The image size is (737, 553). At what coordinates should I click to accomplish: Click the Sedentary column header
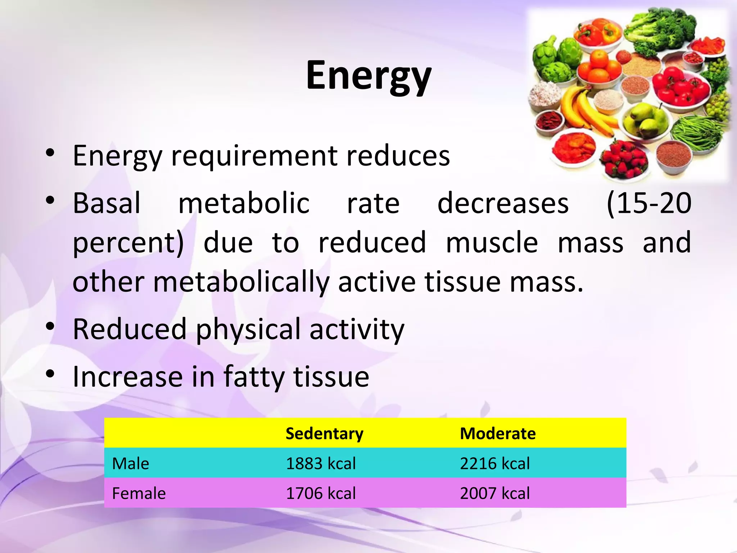pyautogui.click(x=324, y=433)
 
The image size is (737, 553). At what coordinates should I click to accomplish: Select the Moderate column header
pyautogui.click(x=498, y=433)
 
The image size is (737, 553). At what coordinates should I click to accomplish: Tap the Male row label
pyautogui.click(x=130, y=463)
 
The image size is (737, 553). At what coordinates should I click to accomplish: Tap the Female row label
pyautogui.click(x=139, y=493)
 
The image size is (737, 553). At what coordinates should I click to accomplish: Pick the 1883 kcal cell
pyautogui.click(x=321, y=463)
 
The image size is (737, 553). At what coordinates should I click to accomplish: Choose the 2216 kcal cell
pyautogui.click(x=494, y=463)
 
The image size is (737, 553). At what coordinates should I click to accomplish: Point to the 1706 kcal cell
pyautogui.click(x=321, y=493)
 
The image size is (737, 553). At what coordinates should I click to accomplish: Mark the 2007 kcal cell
pyautogui.click(x=494, y=493)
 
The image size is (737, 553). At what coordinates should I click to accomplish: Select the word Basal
pyautogui.click(x=107, y=203)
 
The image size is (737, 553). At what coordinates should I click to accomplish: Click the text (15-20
pyautogui.click(x=648, y=203)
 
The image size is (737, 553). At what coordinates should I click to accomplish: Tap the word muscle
pyautogui.click(x=492, y=243)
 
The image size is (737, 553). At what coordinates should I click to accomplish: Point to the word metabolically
pyautogui.click(x=241, y=282)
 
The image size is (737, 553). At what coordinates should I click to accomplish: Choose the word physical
pyautogui.click(x=248, y=329)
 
